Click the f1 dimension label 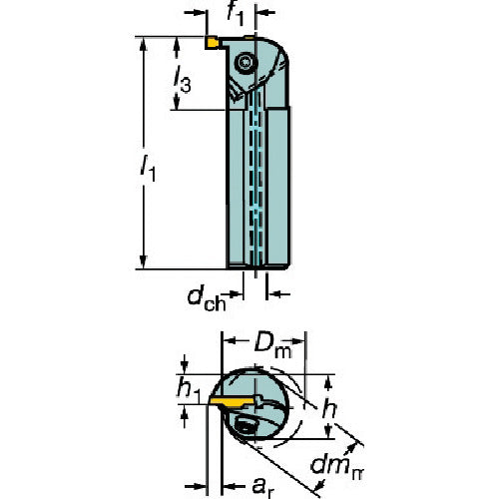pyautogui.click(x=236, y=14)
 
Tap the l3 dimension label pyautogui.click(x=183, y=79)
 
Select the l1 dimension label pyautogui.click(x=148, y=169)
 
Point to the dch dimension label pyautogui.click(x=207, y=298)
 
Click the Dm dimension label pyautogui.click(x=272, y=346)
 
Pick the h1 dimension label pyautogui.click(x=189, y=389)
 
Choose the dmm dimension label pyautogui.click(x=337, y=467)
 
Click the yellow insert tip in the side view pyautogui.click(x=212, y=43)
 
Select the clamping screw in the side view pyautogui.click(x=247, y=62)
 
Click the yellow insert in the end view pyautogui.click(x=232, y=401)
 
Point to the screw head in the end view pyautogui.click(x=245, y=426)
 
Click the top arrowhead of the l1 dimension pyautogui.click(x=144, y=44)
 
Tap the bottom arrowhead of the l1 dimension pyautogui.click(x=144, y=261)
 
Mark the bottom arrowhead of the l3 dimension pyautogui.click(x=177, y=103)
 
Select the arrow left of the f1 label pyautogui.click(x=196, y=13)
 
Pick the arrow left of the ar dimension pyautogui.click(x=196, y=487)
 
